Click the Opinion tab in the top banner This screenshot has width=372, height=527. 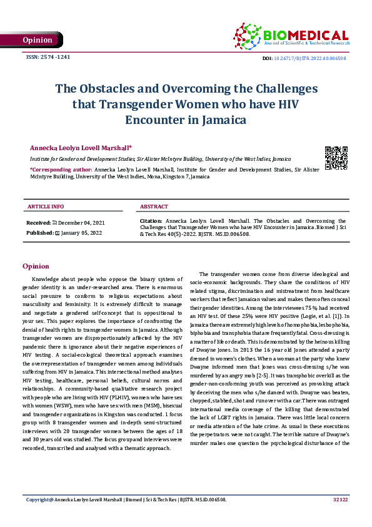click(38, 40)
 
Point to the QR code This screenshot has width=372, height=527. click(335, 158)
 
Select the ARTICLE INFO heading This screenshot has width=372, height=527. click(45, 206)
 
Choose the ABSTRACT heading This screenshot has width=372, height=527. click(154, 206)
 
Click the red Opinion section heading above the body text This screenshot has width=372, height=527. click(36, 266)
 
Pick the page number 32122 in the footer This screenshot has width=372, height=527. click(340, 517)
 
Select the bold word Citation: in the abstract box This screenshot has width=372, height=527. click(152, 222)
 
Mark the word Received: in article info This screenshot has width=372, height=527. click(38, 223)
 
